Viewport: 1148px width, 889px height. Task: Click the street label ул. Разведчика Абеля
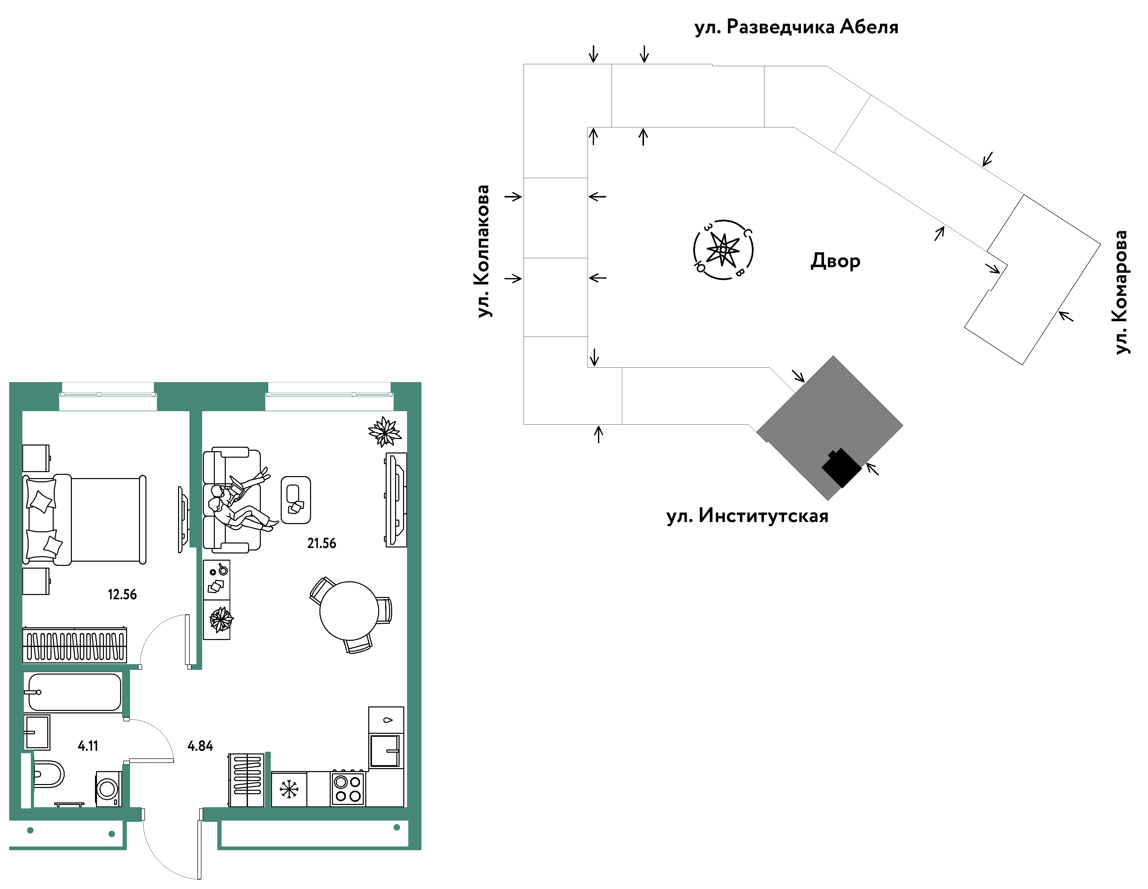click(x=796, y=27)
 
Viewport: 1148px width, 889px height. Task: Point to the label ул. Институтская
click(x=747, y=516)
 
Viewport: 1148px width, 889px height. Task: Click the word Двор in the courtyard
click(x=835, y=261)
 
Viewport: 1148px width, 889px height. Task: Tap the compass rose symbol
click(x=723, y=250)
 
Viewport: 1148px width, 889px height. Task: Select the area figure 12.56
click(x=122, y=594)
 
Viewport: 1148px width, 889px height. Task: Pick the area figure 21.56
click(x=322, y=543)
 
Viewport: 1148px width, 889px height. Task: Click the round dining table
click(x=349, y=610)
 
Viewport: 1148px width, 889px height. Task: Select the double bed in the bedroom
click(x=84, y=519)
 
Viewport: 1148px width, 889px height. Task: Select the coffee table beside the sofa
click(x=296, y=500)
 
